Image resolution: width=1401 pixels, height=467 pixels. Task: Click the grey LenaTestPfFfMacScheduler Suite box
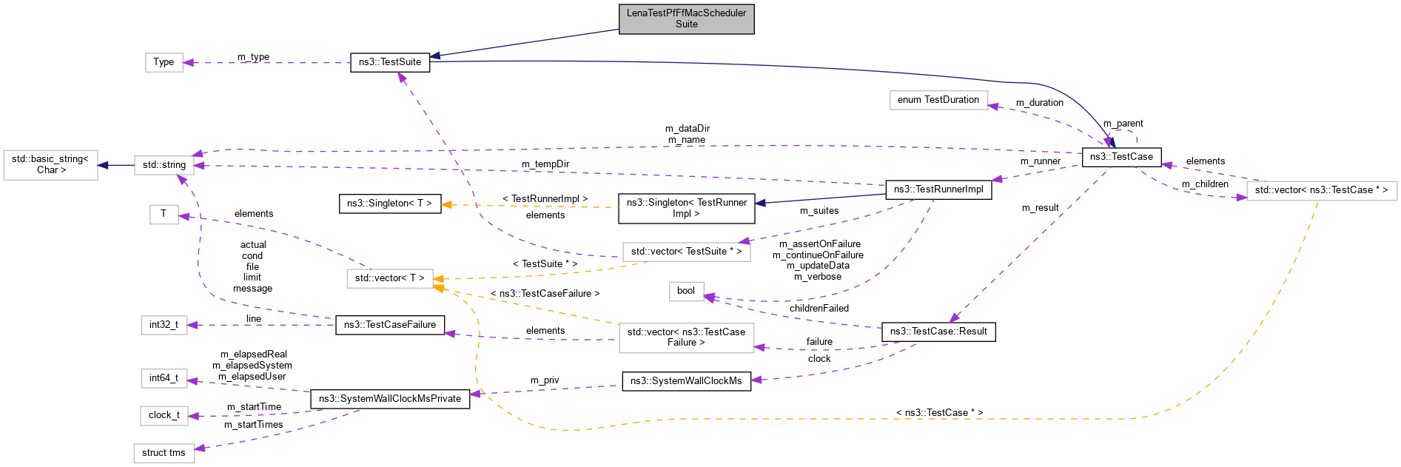(x=686, y=19)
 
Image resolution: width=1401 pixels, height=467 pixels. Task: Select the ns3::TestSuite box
(x=389, y=62)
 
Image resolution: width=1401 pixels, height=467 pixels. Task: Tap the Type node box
(x=164, y=62)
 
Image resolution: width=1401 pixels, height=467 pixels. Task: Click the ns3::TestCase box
(x=1121, y=157)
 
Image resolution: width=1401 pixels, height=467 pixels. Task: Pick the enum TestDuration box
(x=938, y=100)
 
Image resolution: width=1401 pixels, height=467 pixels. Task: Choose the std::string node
(x=164, y=165)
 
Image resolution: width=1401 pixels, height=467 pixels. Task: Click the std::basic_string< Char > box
(x=51, y=165)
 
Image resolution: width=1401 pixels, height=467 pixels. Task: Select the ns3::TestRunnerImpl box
(x=938, y=189)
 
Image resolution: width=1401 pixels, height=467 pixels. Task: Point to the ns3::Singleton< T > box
(x=389, y=204)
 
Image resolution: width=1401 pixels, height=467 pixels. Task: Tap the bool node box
(x=685, y=291)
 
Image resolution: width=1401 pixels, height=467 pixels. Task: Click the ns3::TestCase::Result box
(x=938, y=332)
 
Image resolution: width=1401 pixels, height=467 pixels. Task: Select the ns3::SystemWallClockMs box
(x=685, y=381)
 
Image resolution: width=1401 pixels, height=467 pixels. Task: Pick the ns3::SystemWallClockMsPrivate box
(x=389, y=399)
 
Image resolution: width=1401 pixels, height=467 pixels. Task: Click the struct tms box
(x=164, y=453)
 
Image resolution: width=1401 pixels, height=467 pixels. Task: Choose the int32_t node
(x=164, y=325)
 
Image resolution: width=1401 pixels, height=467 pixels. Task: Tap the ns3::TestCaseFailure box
(x=389, y=325)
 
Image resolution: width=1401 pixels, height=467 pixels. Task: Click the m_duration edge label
(x=1039, y=103)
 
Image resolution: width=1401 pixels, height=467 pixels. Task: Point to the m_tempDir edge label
(x=545, y=164)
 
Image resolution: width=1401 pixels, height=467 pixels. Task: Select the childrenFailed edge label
(x=819, y=309)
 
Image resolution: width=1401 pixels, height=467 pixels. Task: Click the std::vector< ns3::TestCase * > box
(x=1321, y=190)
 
